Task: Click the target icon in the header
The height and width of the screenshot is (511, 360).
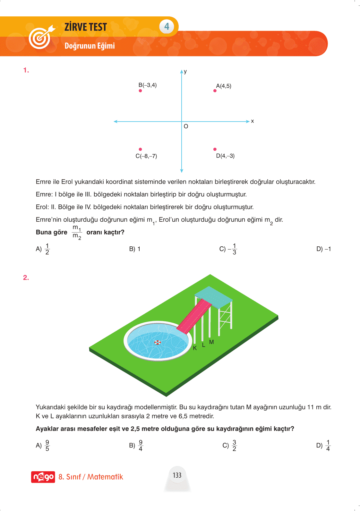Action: click(40, 38)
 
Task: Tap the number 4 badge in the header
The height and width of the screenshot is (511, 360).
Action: click(167, 26)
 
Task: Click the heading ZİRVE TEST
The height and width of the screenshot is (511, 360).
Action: click(86, 27)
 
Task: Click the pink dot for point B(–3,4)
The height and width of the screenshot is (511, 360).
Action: click(140, 91)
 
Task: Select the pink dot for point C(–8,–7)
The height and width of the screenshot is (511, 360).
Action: click(140, 149)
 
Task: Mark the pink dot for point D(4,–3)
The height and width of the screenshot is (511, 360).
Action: click(215, 149)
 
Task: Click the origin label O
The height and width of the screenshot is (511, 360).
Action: click(186, 126)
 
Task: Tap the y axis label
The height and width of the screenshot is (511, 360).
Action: click(185, 72)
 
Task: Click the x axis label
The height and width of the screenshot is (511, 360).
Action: click(253, 121)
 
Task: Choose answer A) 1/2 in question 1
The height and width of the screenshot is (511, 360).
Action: click(43, 249)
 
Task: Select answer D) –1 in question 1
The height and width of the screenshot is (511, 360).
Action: click(323, 249)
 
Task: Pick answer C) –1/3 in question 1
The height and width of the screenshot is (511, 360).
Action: click(228, 249)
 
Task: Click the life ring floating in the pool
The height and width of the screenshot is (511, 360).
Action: click(158, 342)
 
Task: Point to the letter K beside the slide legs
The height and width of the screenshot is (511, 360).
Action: click(195, 348)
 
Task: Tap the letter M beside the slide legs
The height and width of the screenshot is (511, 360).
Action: click(211, 342)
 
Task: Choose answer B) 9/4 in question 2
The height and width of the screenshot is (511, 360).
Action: click(136, 445)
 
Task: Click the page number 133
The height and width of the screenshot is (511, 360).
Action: click(177, 475)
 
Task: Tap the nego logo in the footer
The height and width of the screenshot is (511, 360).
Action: click(43, 477)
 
